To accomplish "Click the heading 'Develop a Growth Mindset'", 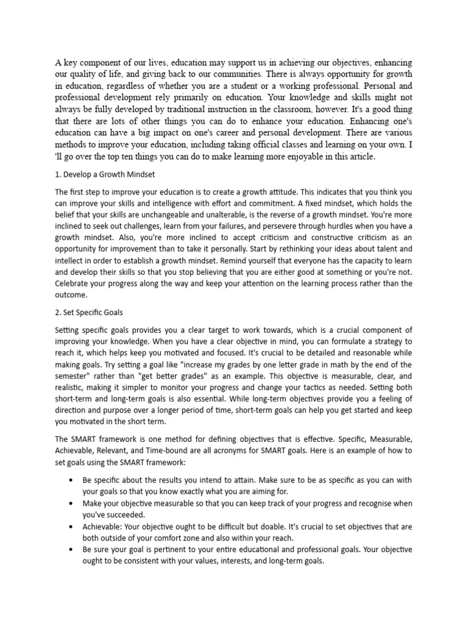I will click(105, 174).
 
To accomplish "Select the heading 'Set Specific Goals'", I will click(89, 313).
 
